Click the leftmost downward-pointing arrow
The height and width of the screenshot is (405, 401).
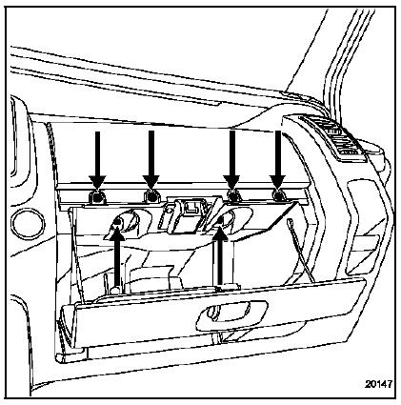coord(96,157)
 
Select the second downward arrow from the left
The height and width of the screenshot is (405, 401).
coord(150,157)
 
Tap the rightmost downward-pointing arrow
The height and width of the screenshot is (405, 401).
coord(278,157)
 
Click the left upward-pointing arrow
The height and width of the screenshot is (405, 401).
coord(116,262)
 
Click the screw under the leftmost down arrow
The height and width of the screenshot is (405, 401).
coord(96,196)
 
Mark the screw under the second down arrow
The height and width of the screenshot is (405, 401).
coord(150,196)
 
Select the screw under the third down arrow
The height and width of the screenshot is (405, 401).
coord(231,196)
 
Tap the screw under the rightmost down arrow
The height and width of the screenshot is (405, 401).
coord(278,196)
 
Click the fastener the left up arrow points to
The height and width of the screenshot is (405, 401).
coord(121,224)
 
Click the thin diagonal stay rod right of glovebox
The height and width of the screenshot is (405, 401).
coord(304,259)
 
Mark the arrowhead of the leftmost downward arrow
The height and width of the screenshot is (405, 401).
coord(96,179)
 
